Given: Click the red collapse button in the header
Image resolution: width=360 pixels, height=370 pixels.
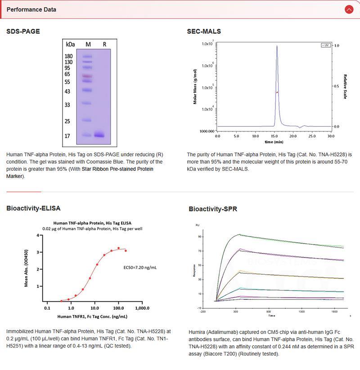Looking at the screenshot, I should pos(348,9).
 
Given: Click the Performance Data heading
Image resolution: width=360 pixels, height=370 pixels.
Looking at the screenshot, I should pos(31,9).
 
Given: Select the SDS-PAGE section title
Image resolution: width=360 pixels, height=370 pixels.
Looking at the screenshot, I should pos(23,31).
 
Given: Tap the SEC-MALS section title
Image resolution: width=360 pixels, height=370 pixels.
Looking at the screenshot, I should pos(204,31).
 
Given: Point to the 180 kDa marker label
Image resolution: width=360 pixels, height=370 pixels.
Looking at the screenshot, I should pos(69,56).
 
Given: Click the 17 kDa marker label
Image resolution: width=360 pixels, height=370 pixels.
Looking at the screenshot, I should pos(69,135).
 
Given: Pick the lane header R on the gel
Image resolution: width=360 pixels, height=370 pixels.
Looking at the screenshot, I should pos(104,45).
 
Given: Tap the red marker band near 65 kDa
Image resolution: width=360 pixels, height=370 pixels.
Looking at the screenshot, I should pos(87,76).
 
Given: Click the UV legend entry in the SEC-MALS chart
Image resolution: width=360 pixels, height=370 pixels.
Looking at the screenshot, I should pos(325,45).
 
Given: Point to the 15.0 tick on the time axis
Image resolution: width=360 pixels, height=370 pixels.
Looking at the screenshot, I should pos(274,135).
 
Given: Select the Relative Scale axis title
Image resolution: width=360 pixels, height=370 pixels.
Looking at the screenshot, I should pos(345,86).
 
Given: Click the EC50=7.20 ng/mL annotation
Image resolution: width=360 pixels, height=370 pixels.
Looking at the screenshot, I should pos(140,267).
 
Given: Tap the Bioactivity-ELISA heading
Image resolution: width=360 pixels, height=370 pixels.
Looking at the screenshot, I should pos(33,208).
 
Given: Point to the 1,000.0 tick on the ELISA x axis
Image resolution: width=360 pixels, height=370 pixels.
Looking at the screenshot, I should pos(142,309).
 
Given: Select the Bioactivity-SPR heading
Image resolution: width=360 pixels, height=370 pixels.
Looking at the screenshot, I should pos(213,209).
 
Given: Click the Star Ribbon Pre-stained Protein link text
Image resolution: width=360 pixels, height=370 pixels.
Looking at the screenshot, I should pos(117,169).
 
